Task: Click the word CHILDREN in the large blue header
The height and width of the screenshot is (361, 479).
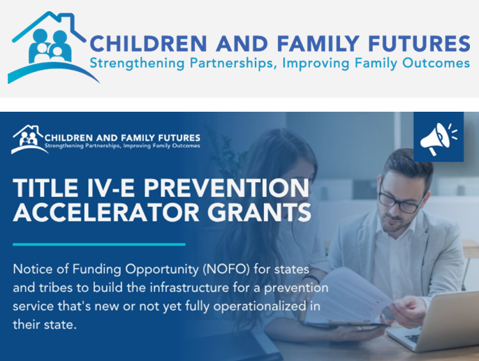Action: tap(149, 43)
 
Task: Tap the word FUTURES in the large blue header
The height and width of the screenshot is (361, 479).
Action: tap(419, 43)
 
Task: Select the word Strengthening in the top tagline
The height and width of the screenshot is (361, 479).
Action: tap(137, 64)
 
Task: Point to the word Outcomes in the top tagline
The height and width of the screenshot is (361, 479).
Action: tap(436, 63)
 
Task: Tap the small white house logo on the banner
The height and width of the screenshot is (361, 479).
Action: tap(29, 139)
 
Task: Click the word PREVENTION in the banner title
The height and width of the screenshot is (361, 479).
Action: tap(226, 188)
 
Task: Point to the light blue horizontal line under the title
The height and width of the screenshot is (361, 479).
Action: tap(99, 244)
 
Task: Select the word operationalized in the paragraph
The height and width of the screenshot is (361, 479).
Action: tap(260, 306)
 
